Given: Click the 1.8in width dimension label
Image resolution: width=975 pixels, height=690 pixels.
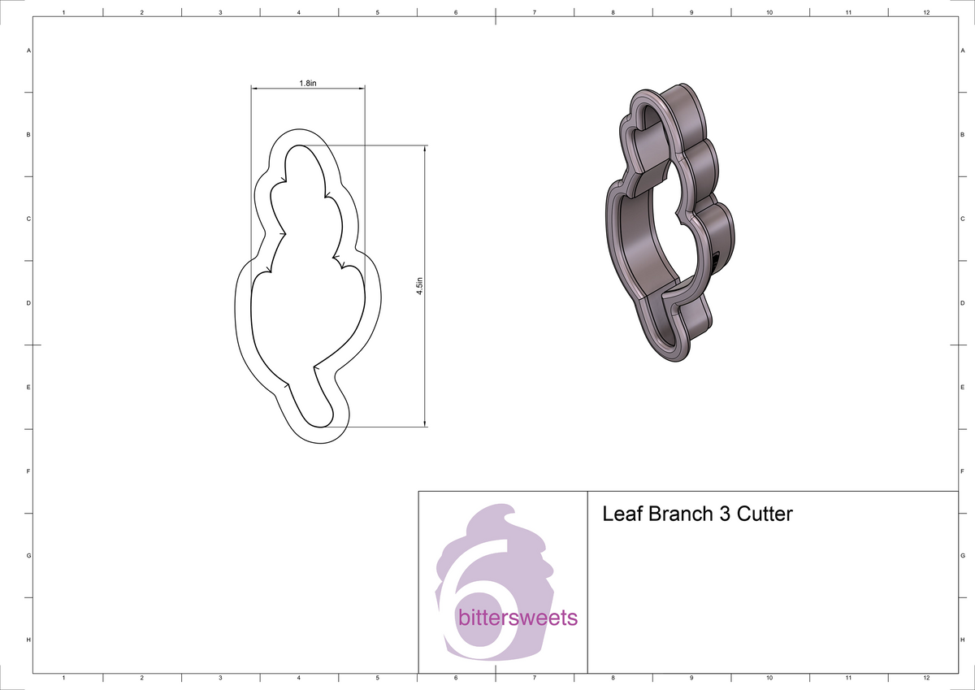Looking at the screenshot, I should point(308,84).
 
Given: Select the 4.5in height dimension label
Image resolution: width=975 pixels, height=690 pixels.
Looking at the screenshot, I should point(419,286).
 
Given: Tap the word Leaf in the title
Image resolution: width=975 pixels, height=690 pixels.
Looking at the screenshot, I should point(621,514).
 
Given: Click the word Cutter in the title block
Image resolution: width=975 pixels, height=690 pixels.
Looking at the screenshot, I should point(764,514).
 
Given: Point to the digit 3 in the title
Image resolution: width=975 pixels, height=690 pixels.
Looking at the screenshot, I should point(723,514).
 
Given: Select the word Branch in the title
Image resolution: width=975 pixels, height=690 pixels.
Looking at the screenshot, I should point(678,514).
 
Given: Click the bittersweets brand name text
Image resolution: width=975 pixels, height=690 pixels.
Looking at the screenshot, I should point(518,618).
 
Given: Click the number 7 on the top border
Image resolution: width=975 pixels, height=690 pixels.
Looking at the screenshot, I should point(534,13).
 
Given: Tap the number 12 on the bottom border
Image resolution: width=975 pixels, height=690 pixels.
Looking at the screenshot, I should point(926,677).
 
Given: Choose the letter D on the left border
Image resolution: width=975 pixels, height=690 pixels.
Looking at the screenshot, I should point(28,303).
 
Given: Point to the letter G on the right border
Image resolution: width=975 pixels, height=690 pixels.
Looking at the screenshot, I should point(962,556).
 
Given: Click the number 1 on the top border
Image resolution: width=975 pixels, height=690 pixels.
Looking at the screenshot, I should point(63,13).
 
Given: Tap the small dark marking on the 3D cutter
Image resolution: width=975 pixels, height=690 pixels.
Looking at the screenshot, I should point(716,259).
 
